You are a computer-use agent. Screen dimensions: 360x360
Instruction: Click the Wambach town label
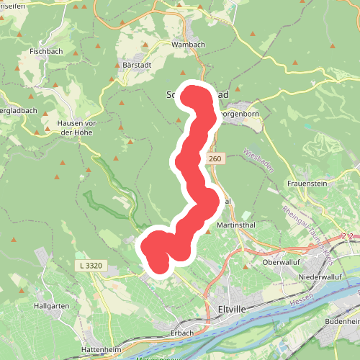tap(188, 44)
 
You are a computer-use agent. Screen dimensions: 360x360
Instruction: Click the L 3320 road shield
tap(90, 266)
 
